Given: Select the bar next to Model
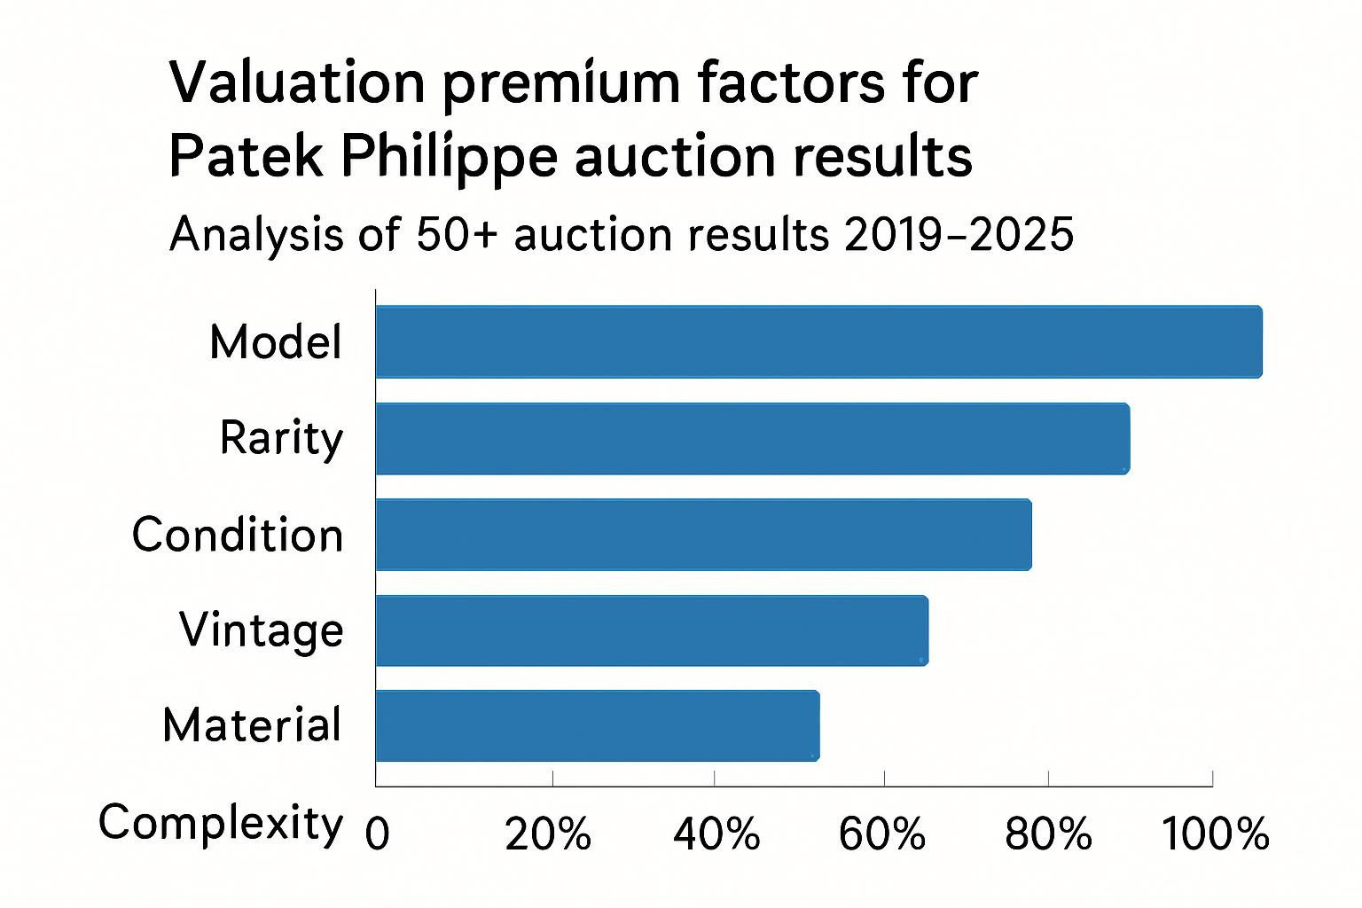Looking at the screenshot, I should (818, 341).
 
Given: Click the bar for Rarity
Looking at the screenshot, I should (752, 438).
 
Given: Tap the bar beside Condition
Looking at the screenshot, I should (703, 534).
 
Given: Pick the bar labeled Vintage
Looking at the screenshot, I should (652, 630).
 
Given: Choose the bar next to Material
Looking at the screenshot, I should (597, 725).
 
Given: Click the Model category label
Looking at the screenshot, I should (276, 341).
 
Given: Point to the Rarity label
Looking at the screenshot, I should (281, 438).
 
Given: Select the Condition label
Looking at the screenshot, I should (238, 535).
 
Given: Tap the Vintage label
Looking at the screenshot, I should (262, 630).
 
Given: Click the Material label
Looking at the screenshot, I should (253, 725).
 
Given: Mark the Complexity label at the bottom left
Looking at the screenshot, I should (220, 824).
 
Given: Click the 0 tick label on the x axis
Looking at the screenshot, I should (378, 834).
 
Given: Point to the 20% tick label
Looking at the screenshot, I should (548, 834).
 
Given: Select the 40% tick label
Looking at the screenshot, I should (716, 834).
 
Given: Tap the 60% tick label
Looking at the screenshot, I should (882, 834).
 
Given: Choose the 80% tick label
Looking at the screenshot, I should (1048, 834).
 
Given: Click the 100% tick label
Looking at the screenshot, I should (1215, 834).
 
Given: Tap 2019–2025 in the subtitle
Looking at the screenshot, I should (959, 235).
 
